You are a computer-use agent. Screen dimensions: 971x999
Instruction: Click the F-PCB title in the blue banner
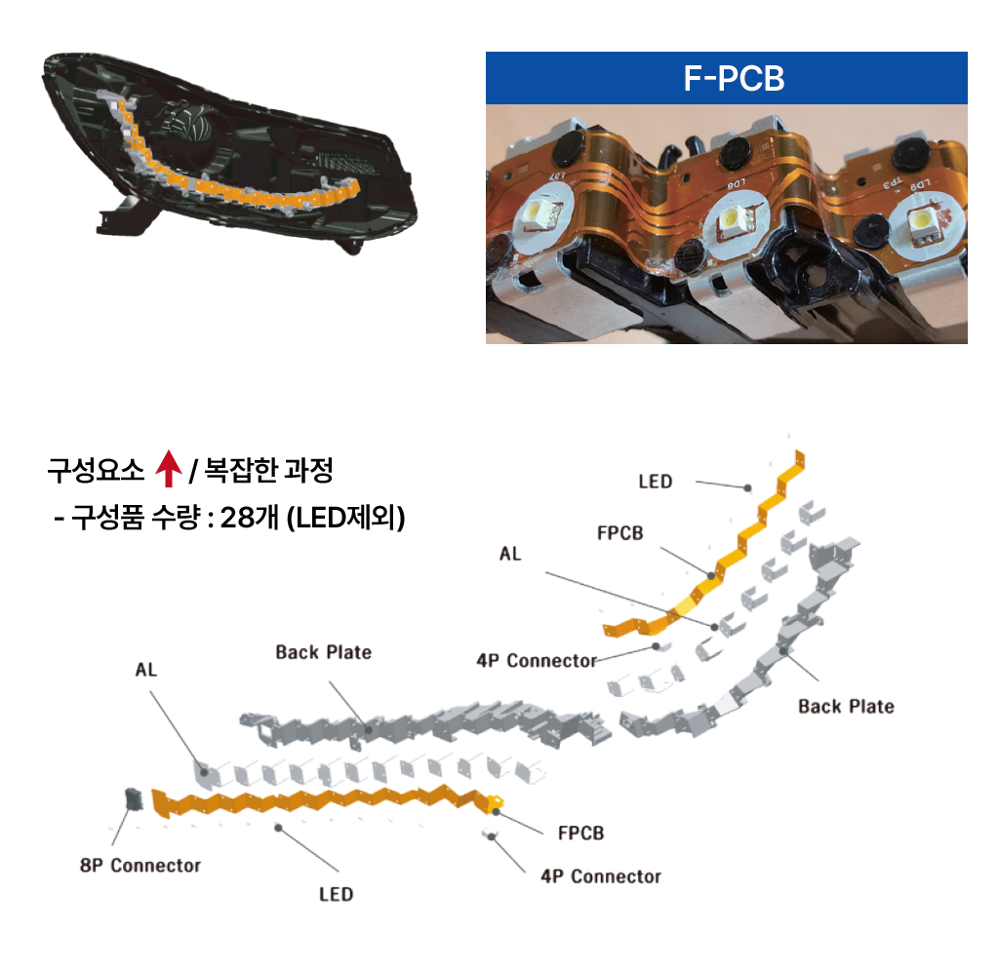(x=734, y=78)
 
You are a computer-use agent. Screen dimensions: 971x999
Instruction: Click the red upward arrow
(x=169, y=470)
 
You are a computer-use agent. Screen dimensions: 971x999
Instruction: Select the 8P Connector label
(x=140, y=865)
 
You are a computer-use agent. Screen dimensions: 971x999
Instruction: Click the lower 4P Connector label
(x=600, y=876)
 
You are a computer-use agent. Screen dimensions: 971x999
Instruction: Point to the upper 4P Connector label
(x=536, y=661)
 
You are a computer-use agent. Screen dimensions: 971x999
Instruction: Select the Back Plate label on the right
(x=845, y=706)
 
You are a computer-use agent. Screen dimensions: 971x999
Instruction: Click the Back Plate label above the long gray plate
(x=323, y=651)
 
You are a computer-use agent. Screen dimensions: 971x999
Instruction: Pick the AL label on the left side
(x=145, y=671)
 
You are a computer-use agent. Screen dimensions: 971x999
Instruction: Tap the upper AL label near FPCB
(x=510, y=554)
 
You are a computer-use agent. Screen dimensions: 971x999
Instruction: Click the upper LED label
(x=656, y=482)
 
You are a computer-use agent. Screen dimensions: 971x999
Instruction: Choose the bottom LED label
(x=336, y=893)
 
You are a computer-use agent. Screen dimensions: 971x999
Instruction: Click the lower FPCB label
(x=580, y=834)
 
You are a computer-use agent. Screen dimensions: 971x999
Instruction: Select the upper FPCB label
(x=619, y=533)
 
